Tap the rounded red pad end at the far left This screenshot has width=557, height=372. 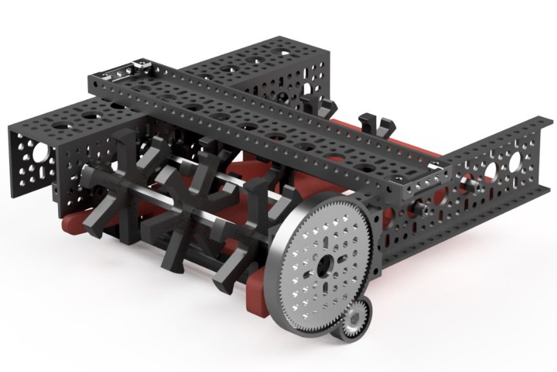tap(67, 226)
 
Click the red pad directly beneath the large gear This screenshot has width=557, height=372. tap(258, 294)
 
